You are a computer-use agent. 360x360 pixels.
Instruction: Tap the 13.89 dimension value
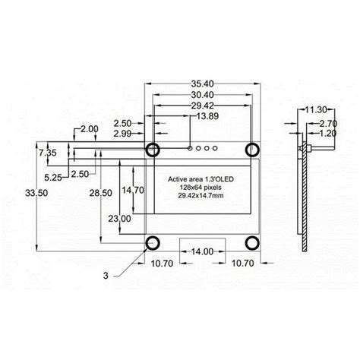coord(208,116)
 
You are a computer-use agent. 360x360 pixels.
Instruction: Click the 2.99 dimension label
coord(124,134)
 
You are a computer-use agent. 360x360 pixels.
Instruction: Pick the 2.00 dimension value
coord(88,129)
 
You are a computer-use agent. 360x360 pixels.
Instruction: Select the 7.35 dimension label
coord(48,153)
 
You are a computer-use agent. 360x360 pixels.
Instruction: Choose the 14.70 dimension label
coord(133,189)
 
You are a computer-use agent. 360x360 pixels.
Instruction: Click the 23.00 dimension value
coord(118,218)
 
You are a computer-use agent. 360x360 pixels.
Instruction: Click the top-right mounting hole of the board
coord(251,148)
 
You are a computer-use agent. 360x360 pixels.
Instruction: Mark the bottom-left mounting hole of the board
coord(153,243)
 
